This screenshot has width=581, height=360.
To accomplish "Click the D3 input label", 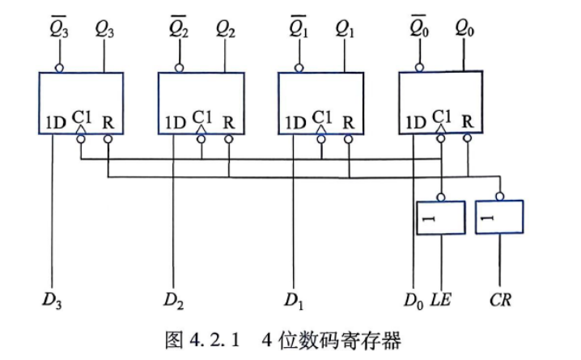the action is pyautogui.click(x=52, y=300).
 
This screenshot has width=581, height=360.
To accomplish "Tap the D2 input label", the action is pyautogui.click(x=173, y=300).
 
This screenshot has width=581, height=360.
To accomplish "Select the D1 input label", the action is pyautogui.click(x=294, y=300).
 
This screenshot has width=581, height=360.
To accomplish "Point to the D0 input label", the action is pyautogui.click(x=413, y=300).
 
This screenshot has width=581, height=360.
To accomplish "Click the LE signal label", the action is pyautogui.click(x=440, y=299).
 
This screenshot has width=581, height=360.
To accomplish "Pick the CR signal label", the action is pyautogui.click(x=500, y=299).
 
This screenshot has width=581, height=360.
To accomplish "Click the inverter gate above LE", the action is pyautogui.click(x=441, y=218).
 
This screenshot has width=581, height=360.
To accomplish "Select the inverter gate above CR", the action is pyautogui.click(x=499, y=217).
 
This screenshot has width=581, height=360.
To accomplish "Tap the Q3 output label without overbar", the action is pyautogui.click(x=104, y=29).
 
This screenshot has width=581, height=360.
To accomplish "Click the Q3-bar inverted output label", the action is pyautogui.click(x=59, y=27).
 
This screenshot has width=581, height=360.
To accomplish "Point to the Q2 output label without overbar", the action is pyautogui.click(x=225, y=29).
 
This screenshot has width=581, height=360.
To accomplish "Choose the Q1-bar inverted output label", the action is pyautogui.click(x=299, y=27).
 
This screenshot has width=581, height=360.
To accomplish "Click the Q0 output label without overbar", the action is pyautogui.click(x=464, y=28).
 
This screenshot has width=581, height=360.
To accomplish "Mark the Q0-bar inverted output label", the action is pyautogui.click(x=419, y=26).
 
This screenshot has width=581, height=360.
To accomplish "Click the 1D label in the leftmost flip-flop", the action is pyautogui.click(x=56, y=123).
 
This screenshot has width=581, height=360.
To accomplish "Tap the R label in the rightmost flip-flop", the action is pyautogui.click(x=468, y=121).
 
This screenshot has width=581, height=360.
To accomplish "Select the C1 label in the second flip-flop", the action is pyautogui.click(x=202, y=117).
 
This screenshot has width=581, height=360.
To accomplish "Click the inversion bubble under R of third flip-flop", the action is pyautogui.click(x=348, y=139).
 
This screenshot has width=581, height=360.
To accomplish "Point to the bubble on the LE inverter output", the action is pyautogui.click(x=441, y=197).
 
